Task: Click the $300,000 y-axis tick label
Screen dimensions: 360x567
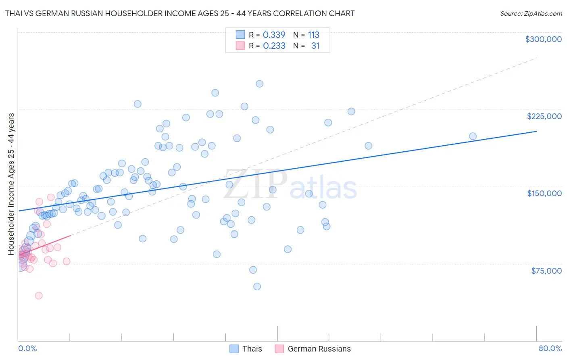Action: (543, 39)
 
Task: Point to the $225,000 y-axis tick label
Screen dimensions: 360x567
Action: (544, 116)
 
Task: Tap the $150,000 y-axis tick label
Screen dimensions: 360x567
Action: (544, 193)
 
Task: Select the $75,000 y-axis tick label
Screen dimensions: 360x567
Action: (546, 271)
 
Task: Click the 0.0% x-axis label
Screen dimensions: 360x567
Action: (27, 348)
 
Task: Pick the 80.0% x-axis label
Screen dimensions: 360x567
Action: (550, 348)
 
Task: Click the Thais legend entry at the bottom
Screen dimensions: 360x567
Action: (246, 349)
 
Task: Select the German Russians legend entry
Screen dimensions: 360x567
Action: (313, 349)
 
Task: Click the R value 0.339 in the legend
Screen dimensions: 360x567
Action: (274, 35)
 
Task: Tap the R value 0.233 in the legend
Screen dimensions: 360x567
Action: (274, 46)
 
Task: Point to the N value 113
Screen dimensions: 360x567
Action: (313, 35)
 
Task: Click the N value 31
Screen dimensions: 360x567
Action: (315, 46)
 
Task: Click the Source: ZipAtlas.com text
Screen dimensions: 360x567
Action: (531, 14)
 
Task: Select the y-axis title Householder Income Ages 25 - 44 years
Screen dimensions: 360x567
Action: (11, 184)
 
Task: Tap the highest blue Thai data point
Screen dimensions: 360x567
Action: (260, 84)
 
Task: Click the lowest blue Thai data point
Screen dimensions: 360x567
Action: (257, 287)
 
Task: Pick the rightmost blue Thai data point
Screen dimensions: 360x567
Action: (473, 136)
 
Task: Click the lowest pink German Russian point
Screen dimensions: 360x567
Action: (39, 295)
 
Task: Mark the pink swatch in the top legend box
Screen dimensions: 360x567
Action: (240, 46)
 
